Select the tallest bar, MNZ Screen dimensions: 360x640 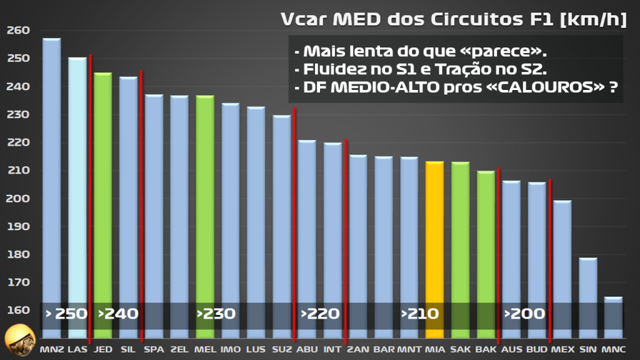[x=52, y=187]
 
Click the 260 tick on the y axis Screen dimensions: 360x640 [x=17, y=31]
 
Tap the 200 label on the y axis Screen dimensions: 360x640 [x=17, y=199]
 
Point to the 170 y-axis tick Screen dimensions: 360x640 [x=17, y=282]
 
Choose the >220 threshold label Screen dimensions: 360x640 [x=320, y=314]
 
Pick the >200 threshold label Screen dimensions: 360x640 [x=524, y=314]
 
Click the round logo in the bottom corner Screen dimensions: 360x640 [x=18, y=341]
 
